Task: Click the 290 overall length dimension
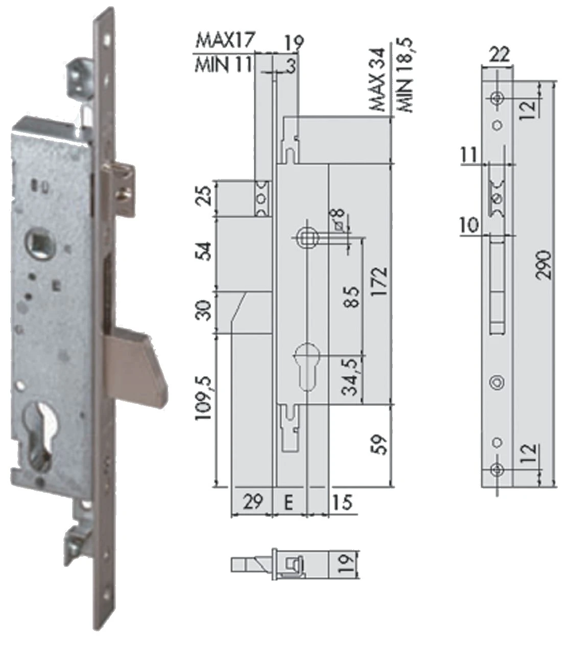(544, 265)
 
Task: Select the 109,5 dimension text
(204, 398)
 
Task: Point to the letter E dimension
(288, 503)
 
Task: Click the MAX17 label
(225, 40)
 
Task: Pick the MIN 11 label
(223, 64)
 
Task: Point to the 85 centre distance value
(352, 296)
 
